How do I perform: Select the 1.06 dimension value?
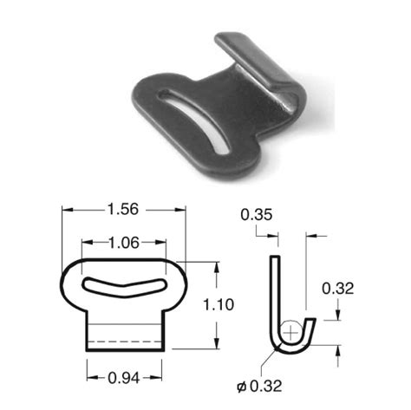[125, 243]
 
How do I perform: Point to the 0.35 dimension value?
[254, 213]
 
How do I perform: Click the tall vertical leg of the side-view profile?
[274, 295]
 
